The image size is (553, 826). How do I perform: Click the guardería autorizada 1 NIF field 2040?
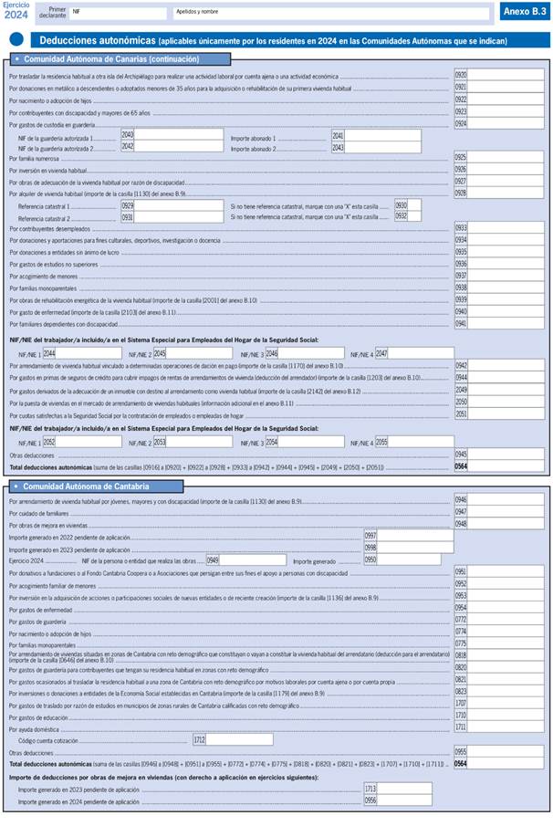click(172, 135)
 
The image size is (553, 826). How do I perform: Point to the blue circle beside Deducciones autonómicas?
click(16, 39)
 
